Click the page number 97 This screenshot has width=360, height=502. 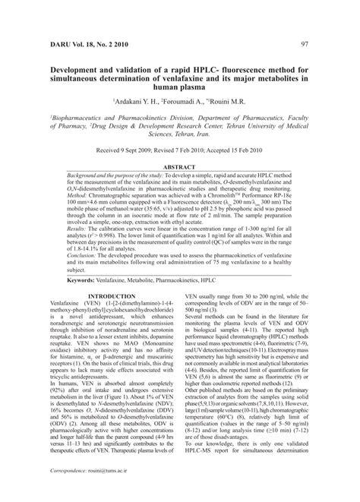click(304, 44)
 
